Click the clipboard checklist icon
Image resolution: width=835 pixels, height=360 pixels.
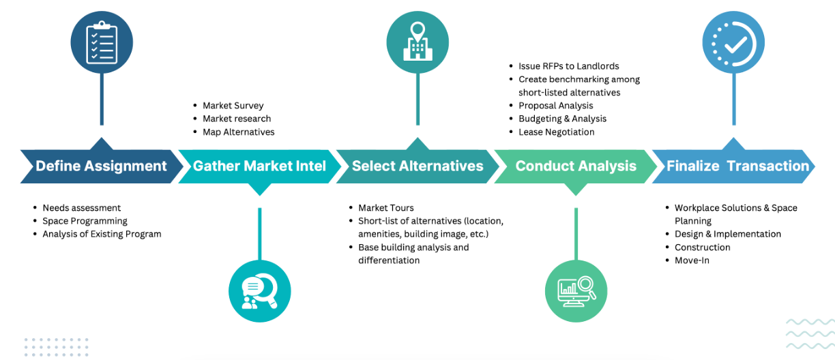click(x=102, y=44)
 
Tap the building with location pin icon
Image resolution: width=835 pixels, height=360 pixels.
click(x=417, y=42)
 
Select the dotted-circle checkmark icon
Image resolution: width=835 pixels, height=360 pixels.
click(x=734, y=44)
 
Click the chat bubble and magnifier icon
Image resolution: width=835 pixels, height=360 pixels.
click(x=260, y=291)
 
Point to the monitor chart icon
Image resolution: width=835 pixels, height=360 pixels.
click(x=577, y=291)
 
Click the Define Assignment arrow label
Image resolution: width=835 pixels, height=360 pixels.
click(x=101, y=166)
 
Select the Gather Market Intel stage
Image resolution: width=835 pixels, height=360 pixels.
click(x=259, y=166)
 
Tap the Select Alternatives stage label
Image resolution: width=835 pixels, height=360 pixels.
click(x=417, y=166)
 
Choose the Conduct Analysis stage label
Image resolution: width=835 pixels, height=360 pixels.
click(x=576, y=166)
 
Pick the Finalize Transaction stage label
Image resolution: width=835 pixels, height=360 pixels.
click(x=737, y=166)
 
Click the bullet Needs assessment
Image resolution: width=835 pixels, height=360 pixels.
click(x=81, y=208)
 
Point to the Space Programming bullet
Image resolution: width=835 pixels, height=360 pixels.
click(x=85, y=221)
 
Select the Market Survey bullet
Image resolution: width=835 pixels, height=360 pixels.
click(x=233, y=106)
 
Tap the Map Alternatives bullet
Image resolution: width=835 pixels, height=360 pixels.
click(x=238, y=132)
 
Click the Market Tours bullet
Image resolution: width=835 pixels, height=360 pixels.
click(x=385, y=208)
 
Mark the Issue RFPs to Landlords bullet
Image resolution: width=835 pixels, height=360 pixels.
click(x=568, y=66)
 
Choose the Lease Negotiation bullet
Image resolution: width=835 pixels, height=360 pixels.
click(x=556, y=132)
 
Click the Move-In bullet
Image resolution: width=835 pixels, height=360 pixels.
click(x=692, y=260)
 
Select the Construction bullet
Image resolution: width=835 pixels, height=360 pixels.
click(x=702, y=247)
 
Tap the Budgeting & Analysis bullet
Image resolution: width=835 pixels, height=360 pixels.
click(x=562, y=119)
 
